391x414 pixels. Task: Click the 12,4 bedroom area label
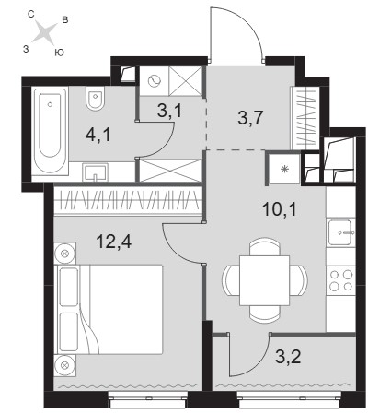click(x=114, y=242)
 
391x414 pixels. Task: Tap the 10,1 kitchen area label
click(x=280, y=209)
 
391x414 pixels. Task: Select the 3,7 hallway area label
click(x=250, y=118)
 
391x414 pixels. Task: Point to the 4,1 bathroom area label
click(x=98, y=136)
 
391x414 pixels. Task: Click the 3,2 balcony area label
click(x=288, y=357)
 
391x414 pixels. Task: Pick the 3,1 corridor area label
click(x=169, y=111)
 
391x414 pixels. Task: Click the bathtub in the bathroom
click(x=50, y=131)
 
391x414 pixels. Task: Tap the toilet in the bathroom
click(x=95, y=98)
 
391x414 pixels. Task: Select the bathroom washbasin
click(x=95, y=172)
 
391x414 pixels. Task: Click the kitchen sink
click(x=340, y=232)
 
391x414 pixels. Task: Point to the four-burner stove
click(x=340, y=280)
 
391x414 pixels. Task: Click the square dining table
click(x=264, y=280)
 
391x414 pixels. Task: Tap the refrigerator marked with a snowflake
click(x=284, y=169)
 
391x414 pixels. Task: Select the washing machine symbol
click(x=155, y=81)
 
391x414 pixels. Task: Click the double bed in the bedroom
click(x=109, y=309)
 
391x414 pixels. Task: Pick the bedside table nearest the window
click(x=64, y=365)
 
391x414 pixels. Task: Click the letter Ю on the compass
click(x=59, y=53)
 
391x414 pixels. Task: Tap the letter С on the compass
click(x=30, y=14)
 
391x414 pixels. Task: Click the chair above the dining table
click(x=265, y=246)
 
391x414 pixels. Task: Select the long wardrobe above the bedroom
click(x=128, y=199)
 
